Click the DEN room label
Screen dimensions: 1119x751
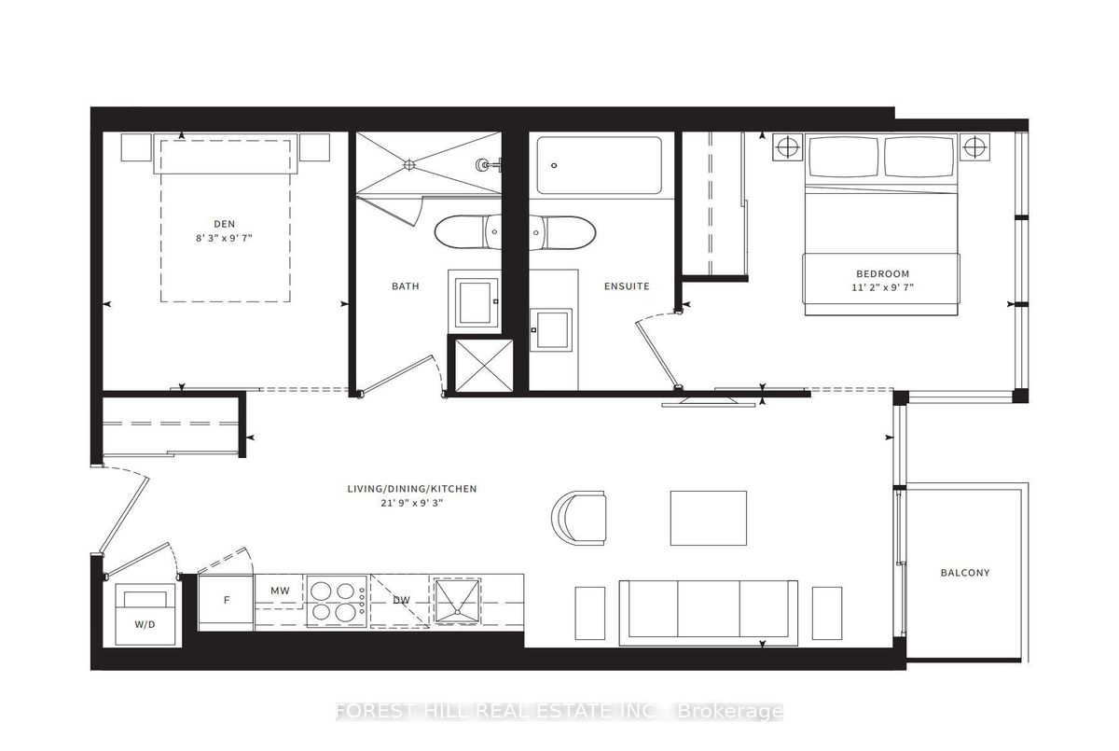[225, 224]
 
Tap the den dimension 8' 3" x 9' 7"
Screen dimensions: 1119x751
[225, 238]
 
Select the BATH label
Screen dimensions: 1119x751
[405, 286]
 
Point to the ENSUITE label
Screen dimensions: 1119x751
[627, 286]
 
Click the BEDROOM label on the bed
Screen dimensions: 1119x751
[883, 274]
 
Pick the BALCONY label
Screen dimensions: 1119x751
[965, 573]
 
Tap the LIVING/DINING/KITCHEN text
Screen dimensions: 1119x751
[412, 489]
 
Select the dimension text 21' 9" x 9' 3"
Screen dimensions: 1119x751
[412, 503]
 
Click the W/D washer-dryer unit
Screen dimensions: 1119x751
[145, 615]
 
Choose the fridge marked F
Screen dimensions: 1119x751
[227, 600]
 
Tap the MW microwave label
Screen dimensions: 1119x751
[280, 591]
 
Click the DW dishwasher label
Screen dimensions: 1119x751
[401, 600]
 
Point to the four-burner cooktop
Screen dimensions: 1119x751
[338, 601]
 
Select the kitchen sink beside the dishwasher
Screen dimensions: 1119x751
[457, 601]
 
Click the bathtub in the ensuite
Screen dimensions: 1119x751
[599, 165]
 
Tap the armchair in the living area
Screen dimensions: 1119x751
[579, 518]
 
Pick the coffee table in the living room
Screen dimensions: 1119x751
[709, 518]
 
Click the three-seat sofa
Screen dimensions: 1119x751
[709, 613]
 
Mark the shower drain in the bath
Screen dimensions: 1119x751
[409, 164]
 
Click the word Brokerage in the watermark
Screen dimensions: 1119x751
[729, 712]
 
